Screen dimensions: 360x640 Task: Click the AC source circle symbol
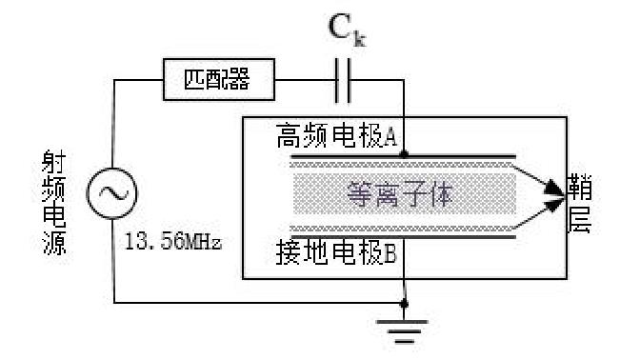pyautogui.click(x=107, y=194)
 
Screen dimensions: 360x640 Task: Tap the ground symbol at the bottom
pyautogui.click(x=406, y=325)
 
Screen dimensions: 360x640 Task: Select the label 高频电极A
pyautogui.click(x=333, y=134)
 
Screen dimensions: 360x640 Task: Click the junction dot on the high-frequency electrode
pyautogui.click(x=406, y=152)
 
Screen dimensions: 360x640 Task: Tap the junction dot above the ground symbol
pyautogui.click(x=406, y=303)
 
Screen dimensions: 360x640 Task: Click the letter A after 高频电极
pyautogui.click(x=390, y=135)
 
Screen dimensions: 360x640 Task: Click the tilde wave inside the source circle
pyautogui.click(x=107, y=194)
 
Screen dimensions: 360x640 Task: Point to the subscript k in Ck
pyautogui.click(x=361, y=39)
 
